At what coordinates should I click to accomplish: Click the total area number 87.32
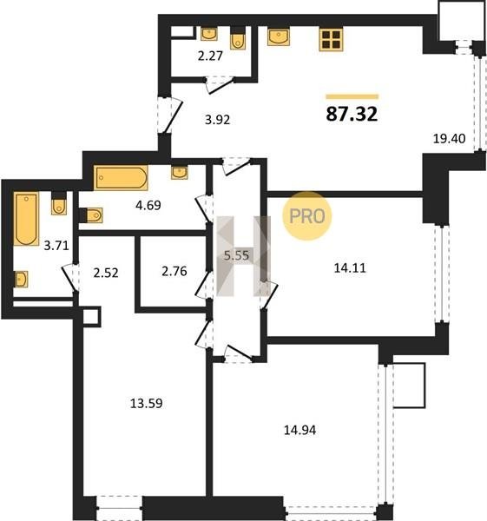pyautogui.click(x=352, y=114)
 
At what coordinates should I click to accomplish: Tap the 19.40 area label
pyautogui.click(x=449, y=139)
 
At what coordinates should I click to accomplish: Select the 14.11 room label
pyautogui.click(x=350, y=267)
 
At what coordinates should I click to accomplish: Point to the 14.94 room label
pyautogui.click(x=300, y=431)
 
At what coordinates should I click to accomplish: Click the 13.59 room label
pyautogui.click(x=146, y=404)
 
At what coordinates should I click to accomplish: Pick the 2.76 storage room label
pyautogui.click(x=174, y=271)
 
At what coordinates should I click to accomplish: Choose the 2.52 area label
pyautogui.click(x=106, y=273)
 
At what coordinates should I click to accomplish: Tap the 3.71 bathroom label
pyautogui.click(x=56, y=246)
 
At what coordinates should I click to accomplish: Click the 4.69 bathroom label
pyautogui.click(x=148, y=205)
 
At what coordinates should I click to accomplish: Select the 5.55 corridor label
pyautogui.click(x=236, y=255)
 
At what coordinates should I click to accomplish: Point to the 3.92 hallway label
pyautogui.click(x=217, y=120)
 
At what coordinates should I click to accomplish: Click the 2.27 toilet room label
pyautogui.click(x=210, y=56)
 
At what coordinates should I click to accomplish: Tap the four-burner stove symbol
pyautogui.click(x=331, y=39)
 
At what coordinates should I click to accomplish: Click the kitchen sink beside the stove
pyautogui.click(x=279, y=36)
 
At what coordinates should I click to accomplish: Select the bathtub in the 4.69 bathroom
pyautogui.click(x=121, y=178)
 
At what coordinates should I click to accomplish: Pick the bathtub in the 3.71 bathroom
pyautogui.click(x=26, y=218)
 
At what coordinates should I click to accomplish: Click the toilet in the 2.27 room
pyautogui.click(x=238, y=38)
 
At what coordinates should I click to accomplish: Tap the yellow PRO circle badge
pyautogui.click(x=307, y=216)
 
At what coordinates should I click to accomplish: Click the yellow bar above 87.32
pyautogui.click(x=352, y=96)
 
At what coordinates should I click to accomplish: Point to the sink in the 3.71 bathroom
pyautogui.click(x=21, y=279)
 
